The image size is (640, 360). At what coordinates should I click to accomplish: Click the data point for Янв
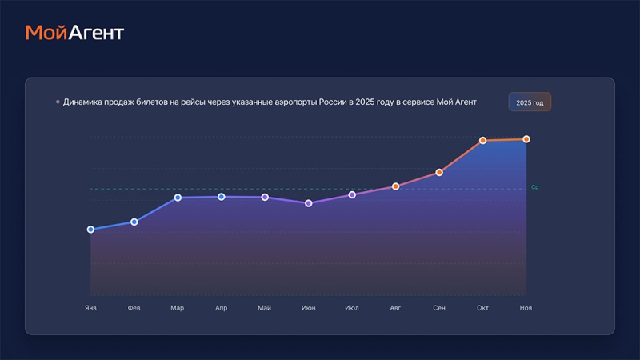tap(90, 230)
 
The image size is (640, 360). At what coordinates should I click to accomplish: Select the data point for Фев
tap(134, 222)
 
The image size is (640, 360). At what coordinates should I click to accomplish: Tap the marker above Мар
tap(178, 198)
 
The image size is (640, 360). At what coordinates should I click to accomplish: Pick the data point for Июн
tap(309, 203)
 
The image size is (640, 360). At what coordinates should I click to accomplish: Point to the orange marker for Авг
tap(395, 186)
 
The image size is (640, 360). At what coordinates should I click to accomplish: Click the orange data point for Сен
tap(439, 172)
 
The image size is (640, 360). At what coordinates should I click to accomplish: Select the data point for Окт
tap(483, 141)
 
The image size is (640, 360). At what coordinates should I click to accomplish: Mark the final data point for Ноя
tap(526, 139)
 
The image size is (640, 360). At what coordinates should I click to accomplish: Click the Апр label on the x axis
tap(221, 308)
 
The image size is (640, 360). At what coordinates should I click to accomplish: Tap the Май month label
tap(265, 308)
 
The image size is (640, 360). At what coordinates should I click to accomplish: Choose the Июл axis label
tap(352, 308)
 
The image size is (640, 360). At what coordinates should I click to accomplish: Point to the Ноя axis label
tap(526, 308)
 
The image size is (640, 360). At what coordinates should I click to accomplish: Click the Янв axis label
tap(90, 308)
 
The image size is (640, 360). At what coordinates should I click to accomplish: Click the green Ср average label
tap(534, 187)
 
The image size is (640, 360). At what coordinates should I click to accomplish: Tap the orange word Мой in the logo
tap(44, 33)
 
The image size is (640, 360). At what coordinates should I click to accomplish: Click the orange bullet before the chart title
tap(58, 102)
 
